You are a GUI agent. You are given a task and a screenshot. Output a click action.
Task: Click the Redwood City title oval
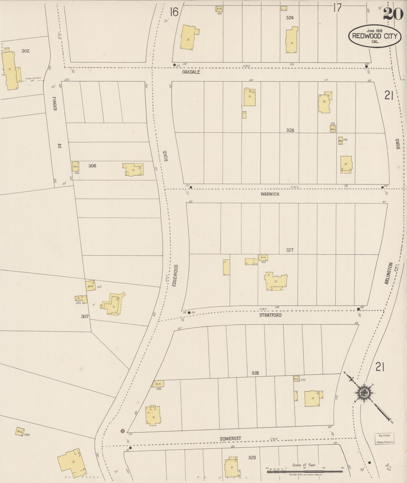[375, 36]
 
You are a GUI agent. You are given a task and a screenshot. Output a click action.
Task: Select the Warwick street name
[270, 194]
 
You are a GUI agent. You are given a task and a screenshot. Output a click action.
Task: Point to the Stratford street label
[270, 315]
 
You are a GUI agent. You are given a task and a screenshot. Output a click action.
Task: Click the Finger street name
[54, 103]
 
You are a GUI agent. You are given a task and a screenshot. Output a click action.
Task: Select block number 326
[290, 130]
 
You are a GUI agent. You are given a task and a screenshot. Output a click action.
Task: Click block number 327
[290, 250]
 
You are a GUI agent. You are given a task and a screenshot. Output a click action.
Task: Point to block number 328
[255, 373]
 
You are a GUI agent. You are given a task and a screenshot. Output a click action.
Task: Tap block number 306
[92, 166]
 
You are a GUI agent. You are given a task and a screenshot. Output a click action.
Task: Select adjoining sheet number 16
[174, 12]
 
